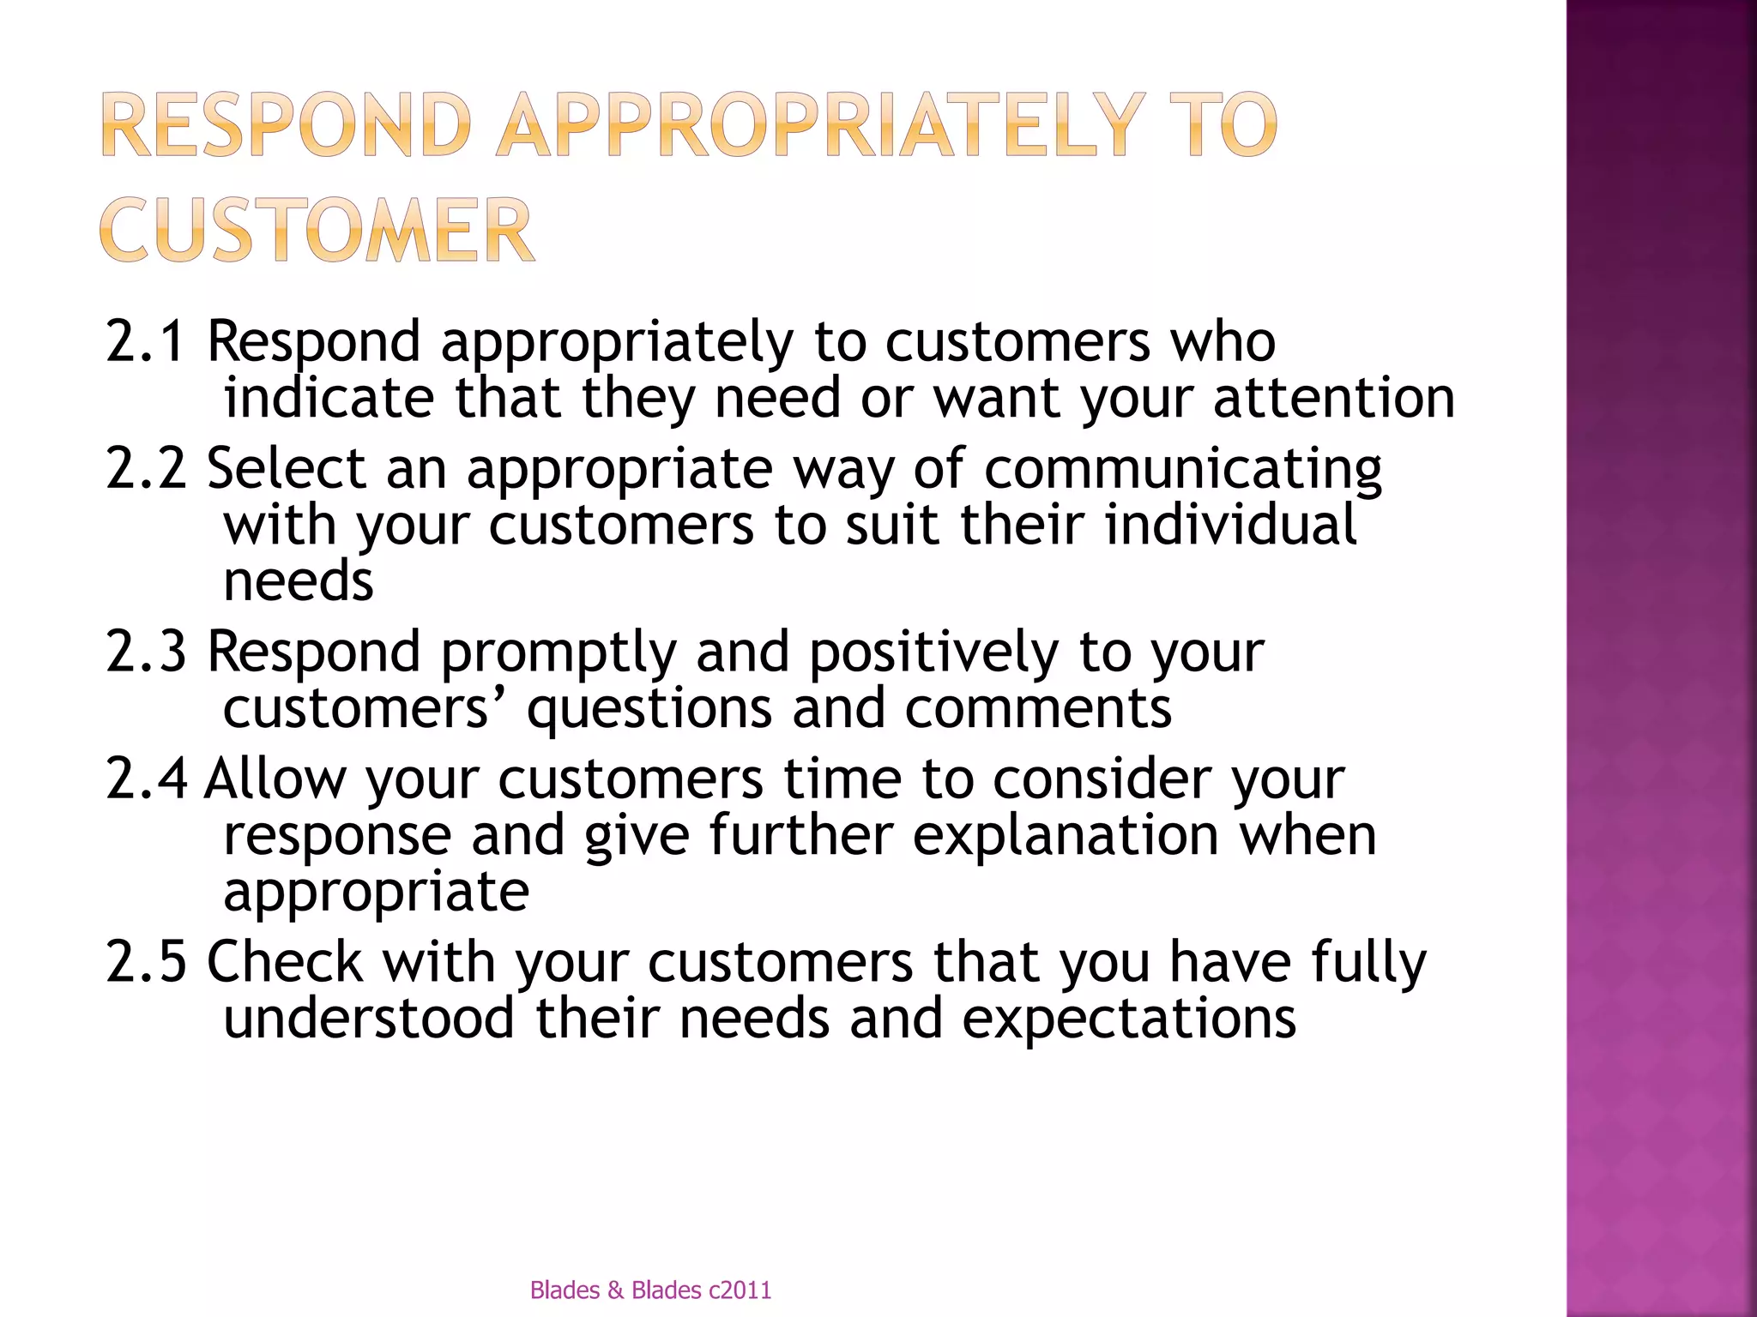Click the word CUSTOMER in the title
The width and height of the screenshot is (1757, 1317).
[317, 230]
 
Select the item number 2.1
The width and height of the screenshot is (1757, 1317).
[145, 340]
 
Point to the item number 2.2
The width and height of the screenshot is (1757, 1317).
[145, 468]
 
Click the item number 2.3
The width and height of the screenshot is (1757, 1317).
[145, 651]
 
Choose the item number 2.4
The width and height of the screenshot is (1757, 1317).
[145, 779]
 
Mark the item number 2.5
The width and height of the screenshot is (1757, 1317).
[145, 961]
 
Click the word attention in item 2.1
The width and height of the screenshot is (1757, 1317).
[1333, 398]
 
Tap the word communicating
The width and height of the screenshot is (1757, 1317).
[1183, 470]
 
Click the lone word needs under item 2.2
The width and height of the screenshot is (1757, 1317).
[298, 581]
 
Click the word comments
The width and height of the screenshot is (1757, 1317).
[1038, 709]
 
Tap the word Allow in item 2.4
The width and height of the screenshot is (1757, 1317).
[275, 779]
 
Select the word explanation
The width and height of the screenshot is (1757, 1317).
[1066, 836]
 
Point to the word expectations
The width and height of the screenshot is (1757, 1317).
[1128, 1019]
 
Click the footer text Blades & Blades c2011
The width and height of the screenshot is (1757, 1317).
[650, 1290]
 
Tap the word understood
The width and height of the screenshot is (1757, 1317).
[369, 1018]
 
